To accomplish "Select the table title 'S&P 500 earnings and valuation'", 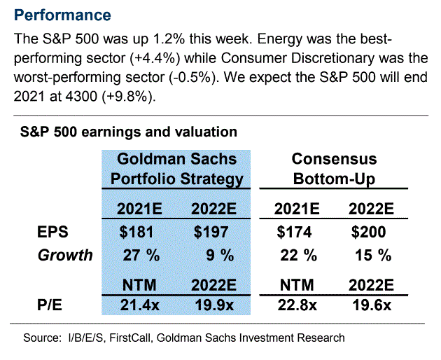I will [x=128, y=131].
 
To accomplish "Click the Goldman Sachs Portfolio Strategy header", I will [x=177, y=169].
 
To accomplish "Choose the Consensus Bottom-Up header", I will [x=334, y=169].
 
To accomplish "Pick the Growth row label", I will [x=65, y=255].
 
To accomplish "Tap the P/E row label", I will [x=50, y=304].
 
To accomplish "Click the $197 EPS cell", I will [x=212, y=233].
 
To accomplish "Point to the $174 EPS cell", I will [x=293, y=233].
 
